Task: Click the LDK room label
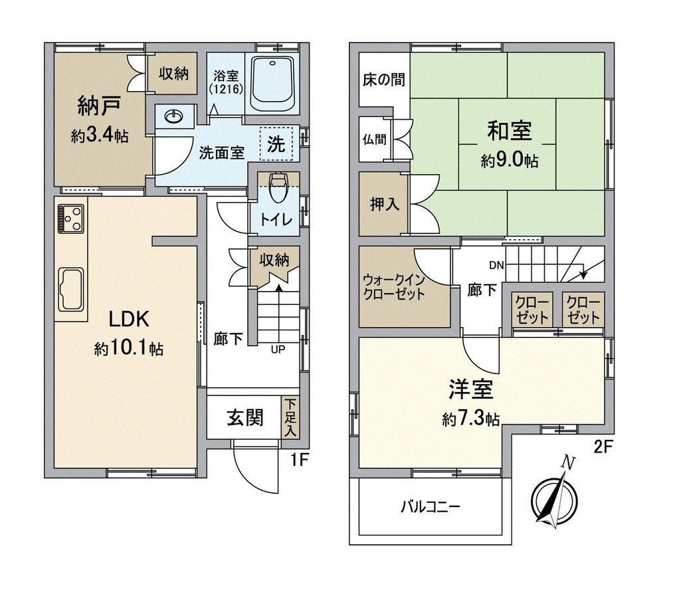tap(129, 320)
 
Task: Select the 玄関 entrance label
tap(245, 417)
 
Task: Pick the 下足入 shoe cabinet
tap(290, 417)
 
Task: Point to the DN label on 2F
tap(496, 266)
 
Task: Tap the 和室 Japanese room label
tap(510, 131)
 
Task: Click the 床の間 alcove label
tap(384, 80)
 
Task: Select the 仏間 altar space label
tap(373, 140)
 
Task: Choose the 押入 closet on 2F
tap(384, 203)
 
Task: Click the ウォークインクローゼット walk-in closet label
tap(394, 287)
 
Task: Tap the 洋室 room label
tap(471, 389)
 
